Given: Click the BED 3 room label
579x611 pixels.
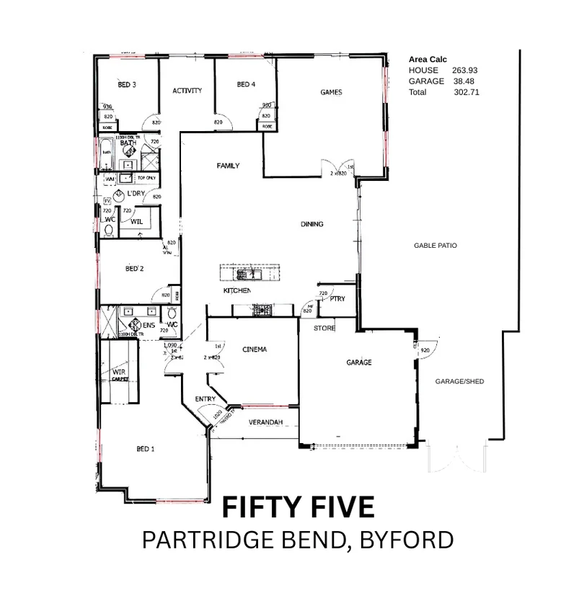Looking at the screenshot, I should click(127, 85).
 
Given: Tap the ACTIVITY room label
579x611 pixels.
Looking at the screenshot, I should click(187, 91).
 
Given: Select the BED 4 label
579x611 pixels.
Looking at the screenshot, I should click(246, 85).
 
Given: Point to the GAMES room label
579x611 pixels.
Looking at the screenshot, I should click(331, 92).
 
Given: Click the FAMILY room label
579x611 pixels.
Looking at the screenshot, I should click(228, 166).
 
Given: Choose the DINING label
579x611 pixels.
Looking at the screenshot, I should click(312, 224).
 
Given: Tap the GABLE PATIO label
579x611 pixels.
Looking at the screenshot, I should click(435, 246).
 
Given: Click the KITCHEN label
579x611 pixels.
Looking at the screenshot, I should click(237, 290).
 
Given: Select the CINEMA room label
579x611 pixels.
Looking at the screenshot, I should click(255, 349).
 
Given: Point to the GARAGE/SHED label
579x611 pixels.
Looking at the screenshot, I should click(459, 381).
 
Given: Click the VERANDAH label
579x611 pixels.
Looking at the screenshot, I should click(265, 422).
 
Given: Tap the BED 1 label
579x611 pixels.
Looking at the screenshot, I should click(146, 449).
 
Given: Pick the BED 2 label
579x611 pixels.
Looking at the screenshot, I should click(135, 269).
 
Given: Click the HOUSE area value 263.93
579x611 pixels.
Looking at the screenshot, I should click(465, 71).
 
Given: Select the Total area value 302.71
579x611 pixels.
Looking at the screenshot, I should click(467, 92).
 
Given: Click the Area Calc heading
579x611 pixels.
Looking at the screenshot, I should click(428, 60).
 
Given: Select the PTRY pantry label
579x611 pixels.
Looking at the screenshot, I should click(337, 298).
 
